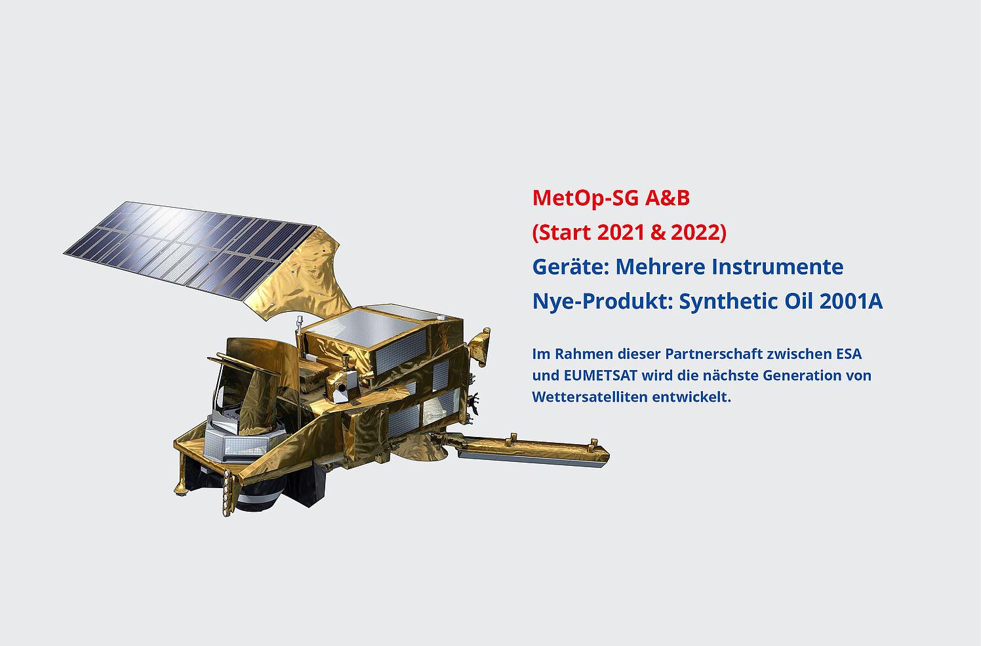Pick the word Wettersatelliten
(x=590, y=397)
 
